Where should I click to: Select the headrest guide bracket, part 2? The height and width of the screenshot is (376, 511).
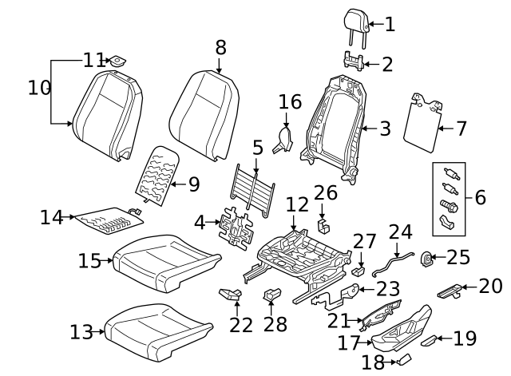click(355, 61)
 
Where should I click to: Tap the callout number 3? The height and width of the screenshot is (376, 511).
click(385, 128)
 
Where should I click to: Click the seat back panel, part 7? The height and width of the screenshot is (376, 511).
click(422, 121)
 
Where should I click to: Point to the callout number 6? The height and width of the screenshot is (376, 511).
click(479, 196)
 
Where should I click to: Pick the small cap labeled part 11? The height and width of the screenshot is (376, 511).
click(119, 60)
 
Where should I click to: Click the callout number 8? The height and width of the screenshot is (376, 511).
click(221, 48)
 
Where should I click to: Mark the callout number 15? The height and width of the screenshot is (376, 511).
click(90, 260)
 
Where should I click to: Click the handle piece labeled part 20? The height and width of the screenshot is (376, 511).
click(450, 290)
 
